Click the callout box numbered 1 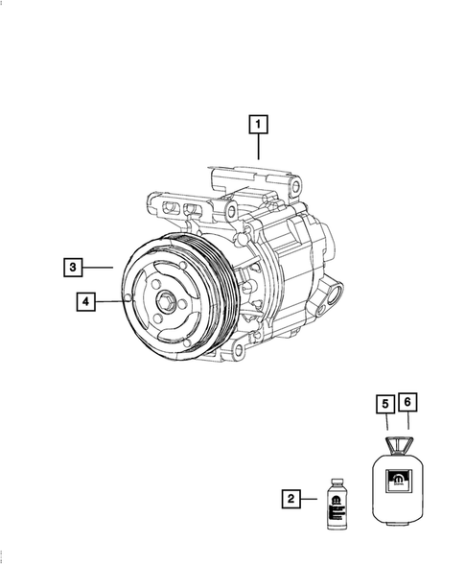(x=257, y=123)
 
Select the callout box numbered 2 (x=290, y=498)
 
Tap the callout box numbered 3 (x=74, y=265)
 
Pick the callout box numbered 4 (x=87, y=301)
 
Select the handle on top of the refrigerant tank (x=396, y=443)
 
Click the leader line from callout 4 (x=114, y=301)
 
